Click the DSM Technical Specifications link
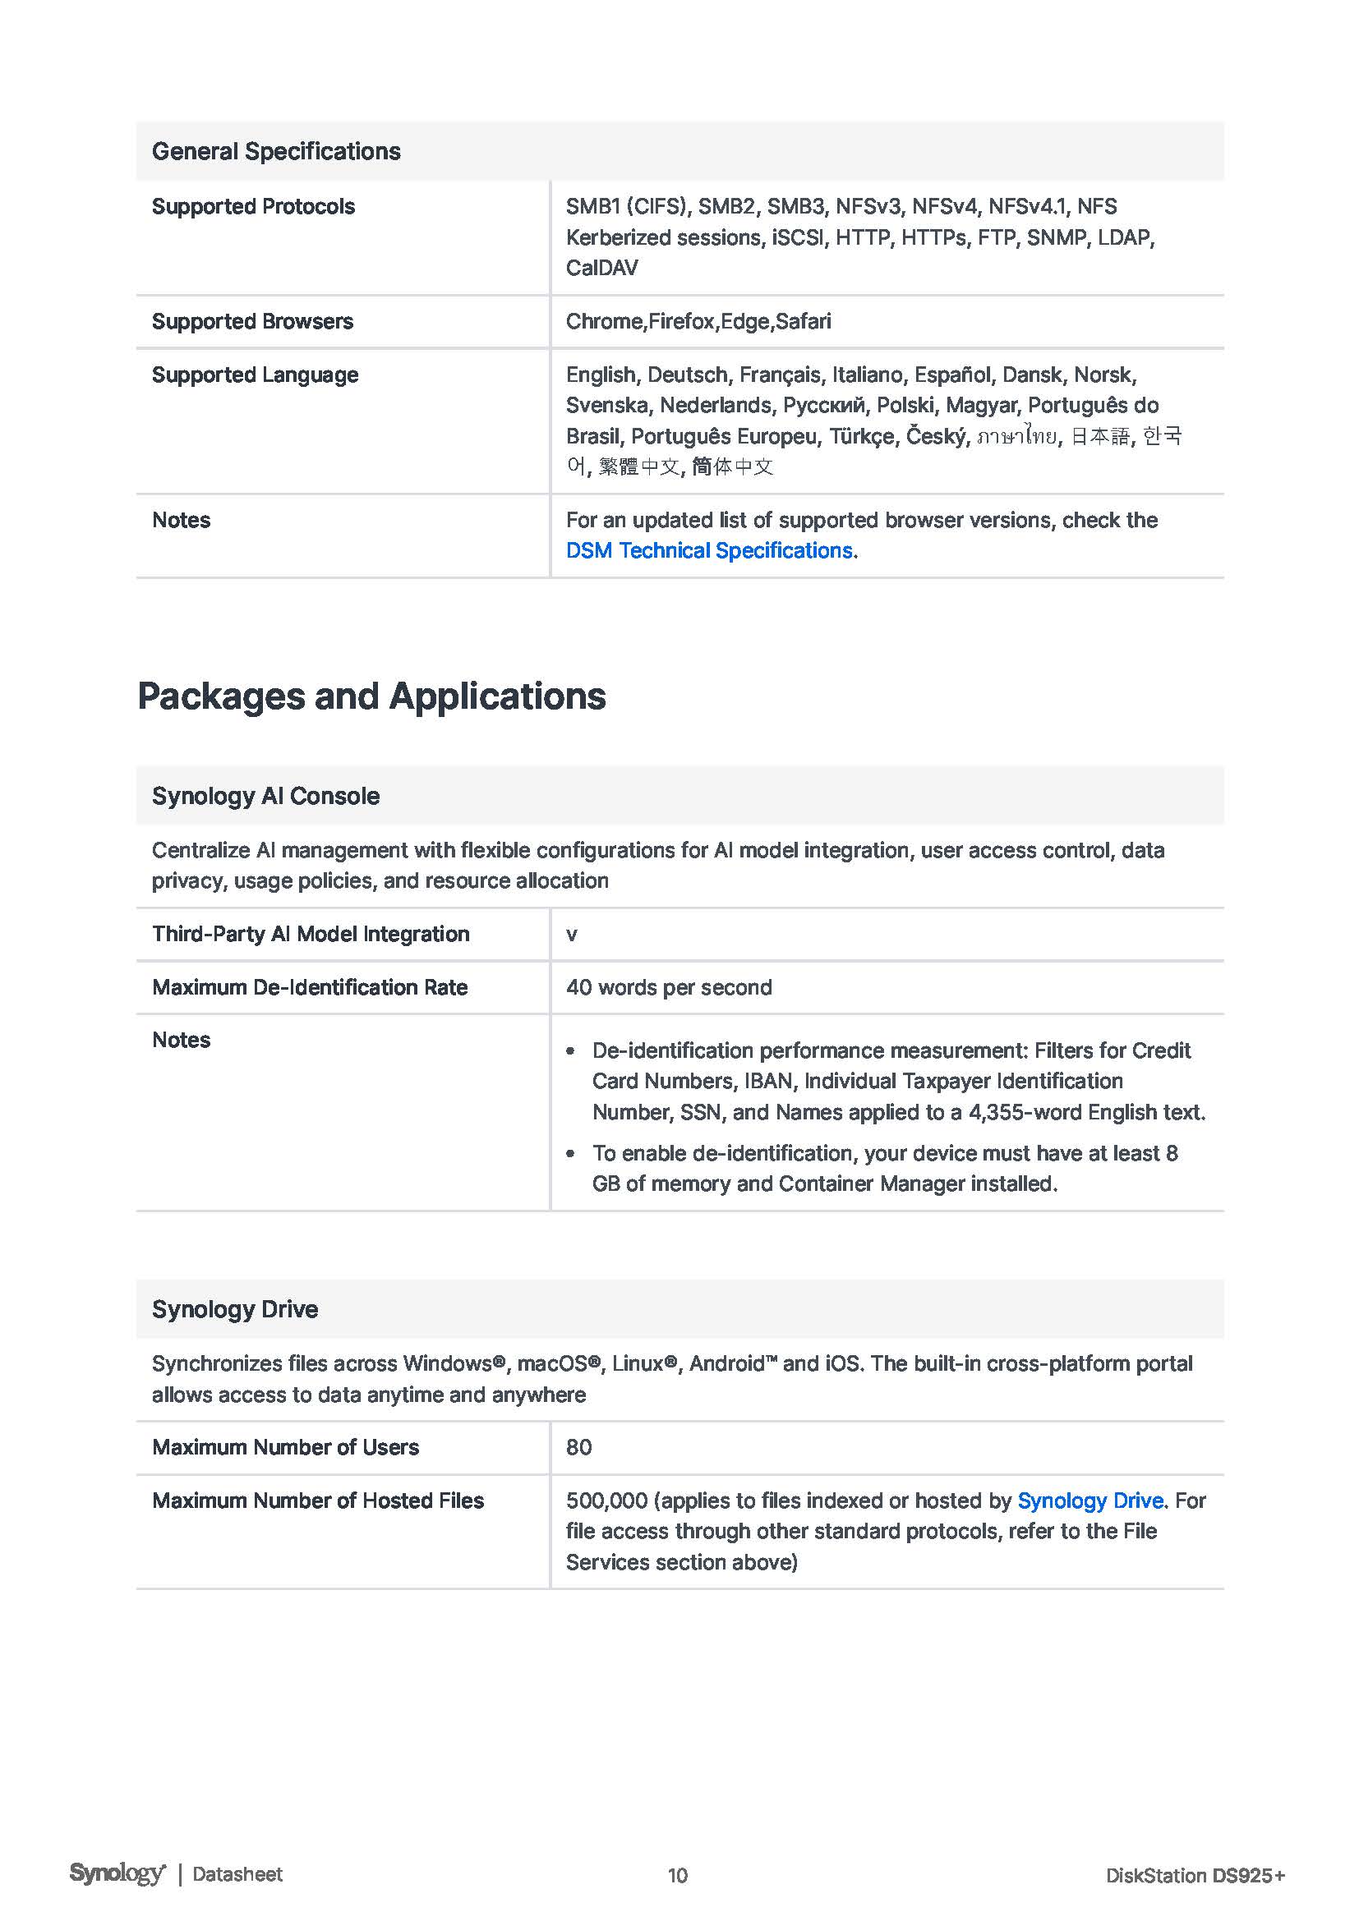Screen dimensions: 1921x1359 (x=709, y=550)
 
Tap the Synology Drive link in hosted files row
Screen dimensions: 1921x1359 (x=1090, y=1500)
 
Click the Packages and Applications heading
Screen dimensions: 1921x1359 (x=371, y=696)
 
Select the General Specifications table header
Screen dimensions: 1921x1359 (x=276, y=151)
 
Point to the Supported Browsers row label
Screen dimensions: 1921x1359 (x=253, y=321)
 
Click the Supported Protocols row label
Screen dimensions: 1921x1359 (x=254, y=207)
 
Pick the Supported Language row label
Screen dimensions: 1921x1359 (x=256, y=375)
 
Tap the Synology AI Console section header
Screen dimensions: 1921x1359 (x=266, y=796)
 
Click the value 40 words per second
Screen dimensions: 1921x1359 (x=669, y=987)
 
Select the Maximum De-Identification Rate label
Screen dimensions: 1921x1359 (x=310, y=987)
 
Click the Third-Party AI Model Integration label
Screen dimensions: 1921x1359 (x=311, y=934)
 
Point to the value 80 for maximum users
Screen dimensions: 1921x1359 (x=579, y=1447)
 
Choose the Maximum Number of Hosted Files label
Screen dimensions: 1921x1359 (x=318, y=1500)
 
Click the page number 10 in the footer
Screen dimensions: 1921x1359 (x=678, y=1875)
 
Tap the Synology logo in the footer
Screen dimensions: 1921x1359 (x=117, y=1873)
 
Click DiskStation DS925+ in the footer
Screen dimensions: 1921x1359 (x=1194, y=1875)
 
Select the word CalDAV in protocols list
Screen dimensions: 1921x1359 (x=601, y=268)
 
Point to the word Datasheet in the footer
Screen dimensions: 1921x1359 (x=237, y=1874)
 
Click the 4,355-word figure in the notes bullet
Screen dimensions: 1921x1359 (x=1016, y=1112)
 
